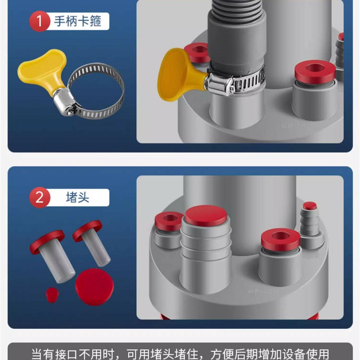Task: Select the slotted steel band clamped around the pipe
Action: point(243,83)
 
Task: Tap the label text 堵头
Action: point(77,198)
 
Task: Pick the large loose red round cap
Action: point(94,286)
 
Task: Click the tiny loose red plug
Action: point(52,295)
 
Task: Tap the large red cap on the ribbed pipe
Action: point(206,215)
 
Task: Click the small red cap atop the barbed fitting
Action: point(310,206)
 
